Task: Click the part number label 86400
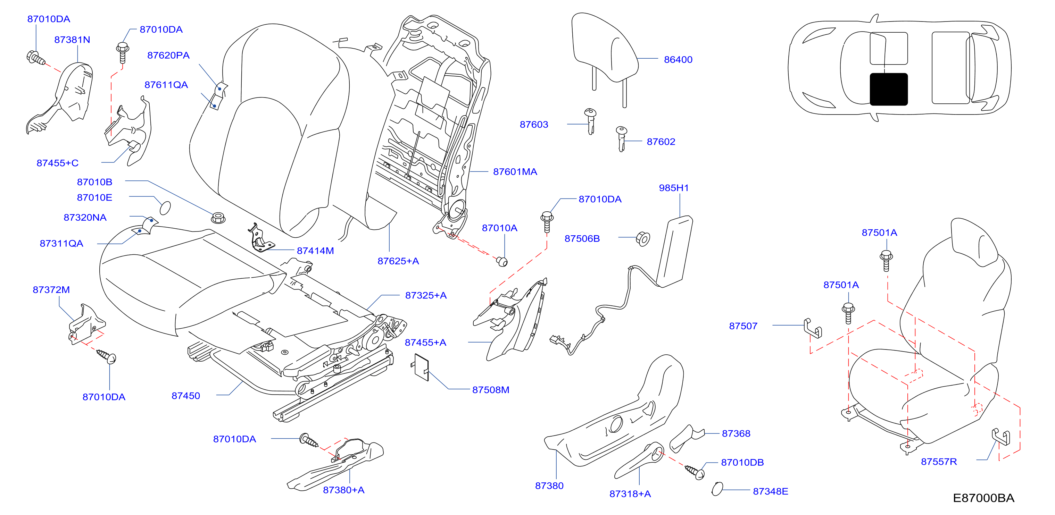(x=678, y=60)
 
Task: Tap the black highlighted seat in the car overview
(x=888, y=89)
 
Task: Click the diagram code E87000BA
(x=983, y=498)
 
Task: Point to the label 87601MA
(x=515, y=172)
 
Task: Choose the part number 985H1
(x=674, y=188)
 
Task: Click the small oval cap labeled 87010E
(x=165, y=208)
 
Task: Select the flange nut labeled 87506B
(x=643, y=239)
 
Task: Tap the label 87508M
(x=491, y=390)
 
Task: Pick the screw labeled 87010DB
(x=695, y=472)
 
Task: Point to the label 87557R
(x=939, y=462)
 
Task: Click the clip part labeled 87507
(x=813, y=328)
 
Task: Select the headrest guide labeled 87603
(x=590, y=121)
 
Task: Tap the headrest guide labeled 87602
(x=621, y=139)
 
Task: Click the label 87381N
(x=72, y=40)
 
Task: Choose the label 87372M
(x=51, y=290)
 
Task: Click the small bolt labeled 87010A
(x=502, y=261)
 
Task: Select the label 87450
(x=185, y=396)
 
